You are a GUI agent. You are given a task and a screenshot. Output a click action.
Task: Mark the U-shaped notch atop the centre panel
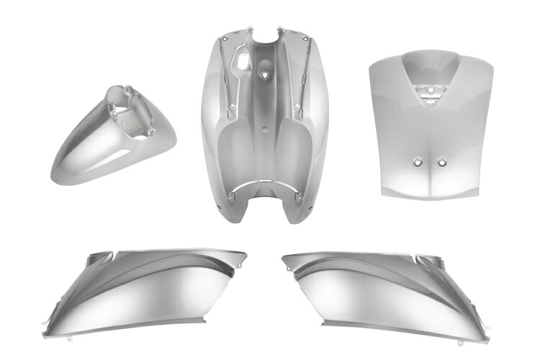click(264, 34)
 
